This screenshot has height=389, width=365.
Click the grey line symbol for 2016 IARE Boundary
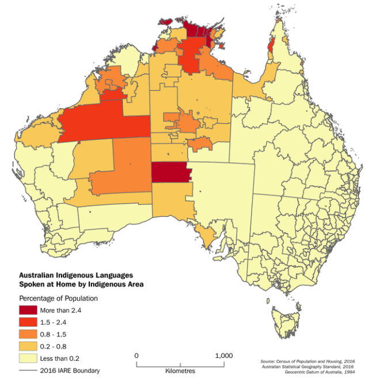pos(28,371)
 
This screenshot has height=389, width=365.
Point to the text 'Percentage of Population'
pos(58,299)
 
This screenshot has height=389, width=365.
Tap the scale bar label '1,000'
pos(223,356)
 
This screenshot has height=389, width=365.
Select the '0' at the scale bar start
pos(136,356)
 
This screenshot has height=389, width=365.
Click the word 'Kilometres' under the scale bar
pos(180,371)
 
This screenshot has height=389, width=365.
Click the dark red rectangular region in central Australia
pos(170,172)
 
